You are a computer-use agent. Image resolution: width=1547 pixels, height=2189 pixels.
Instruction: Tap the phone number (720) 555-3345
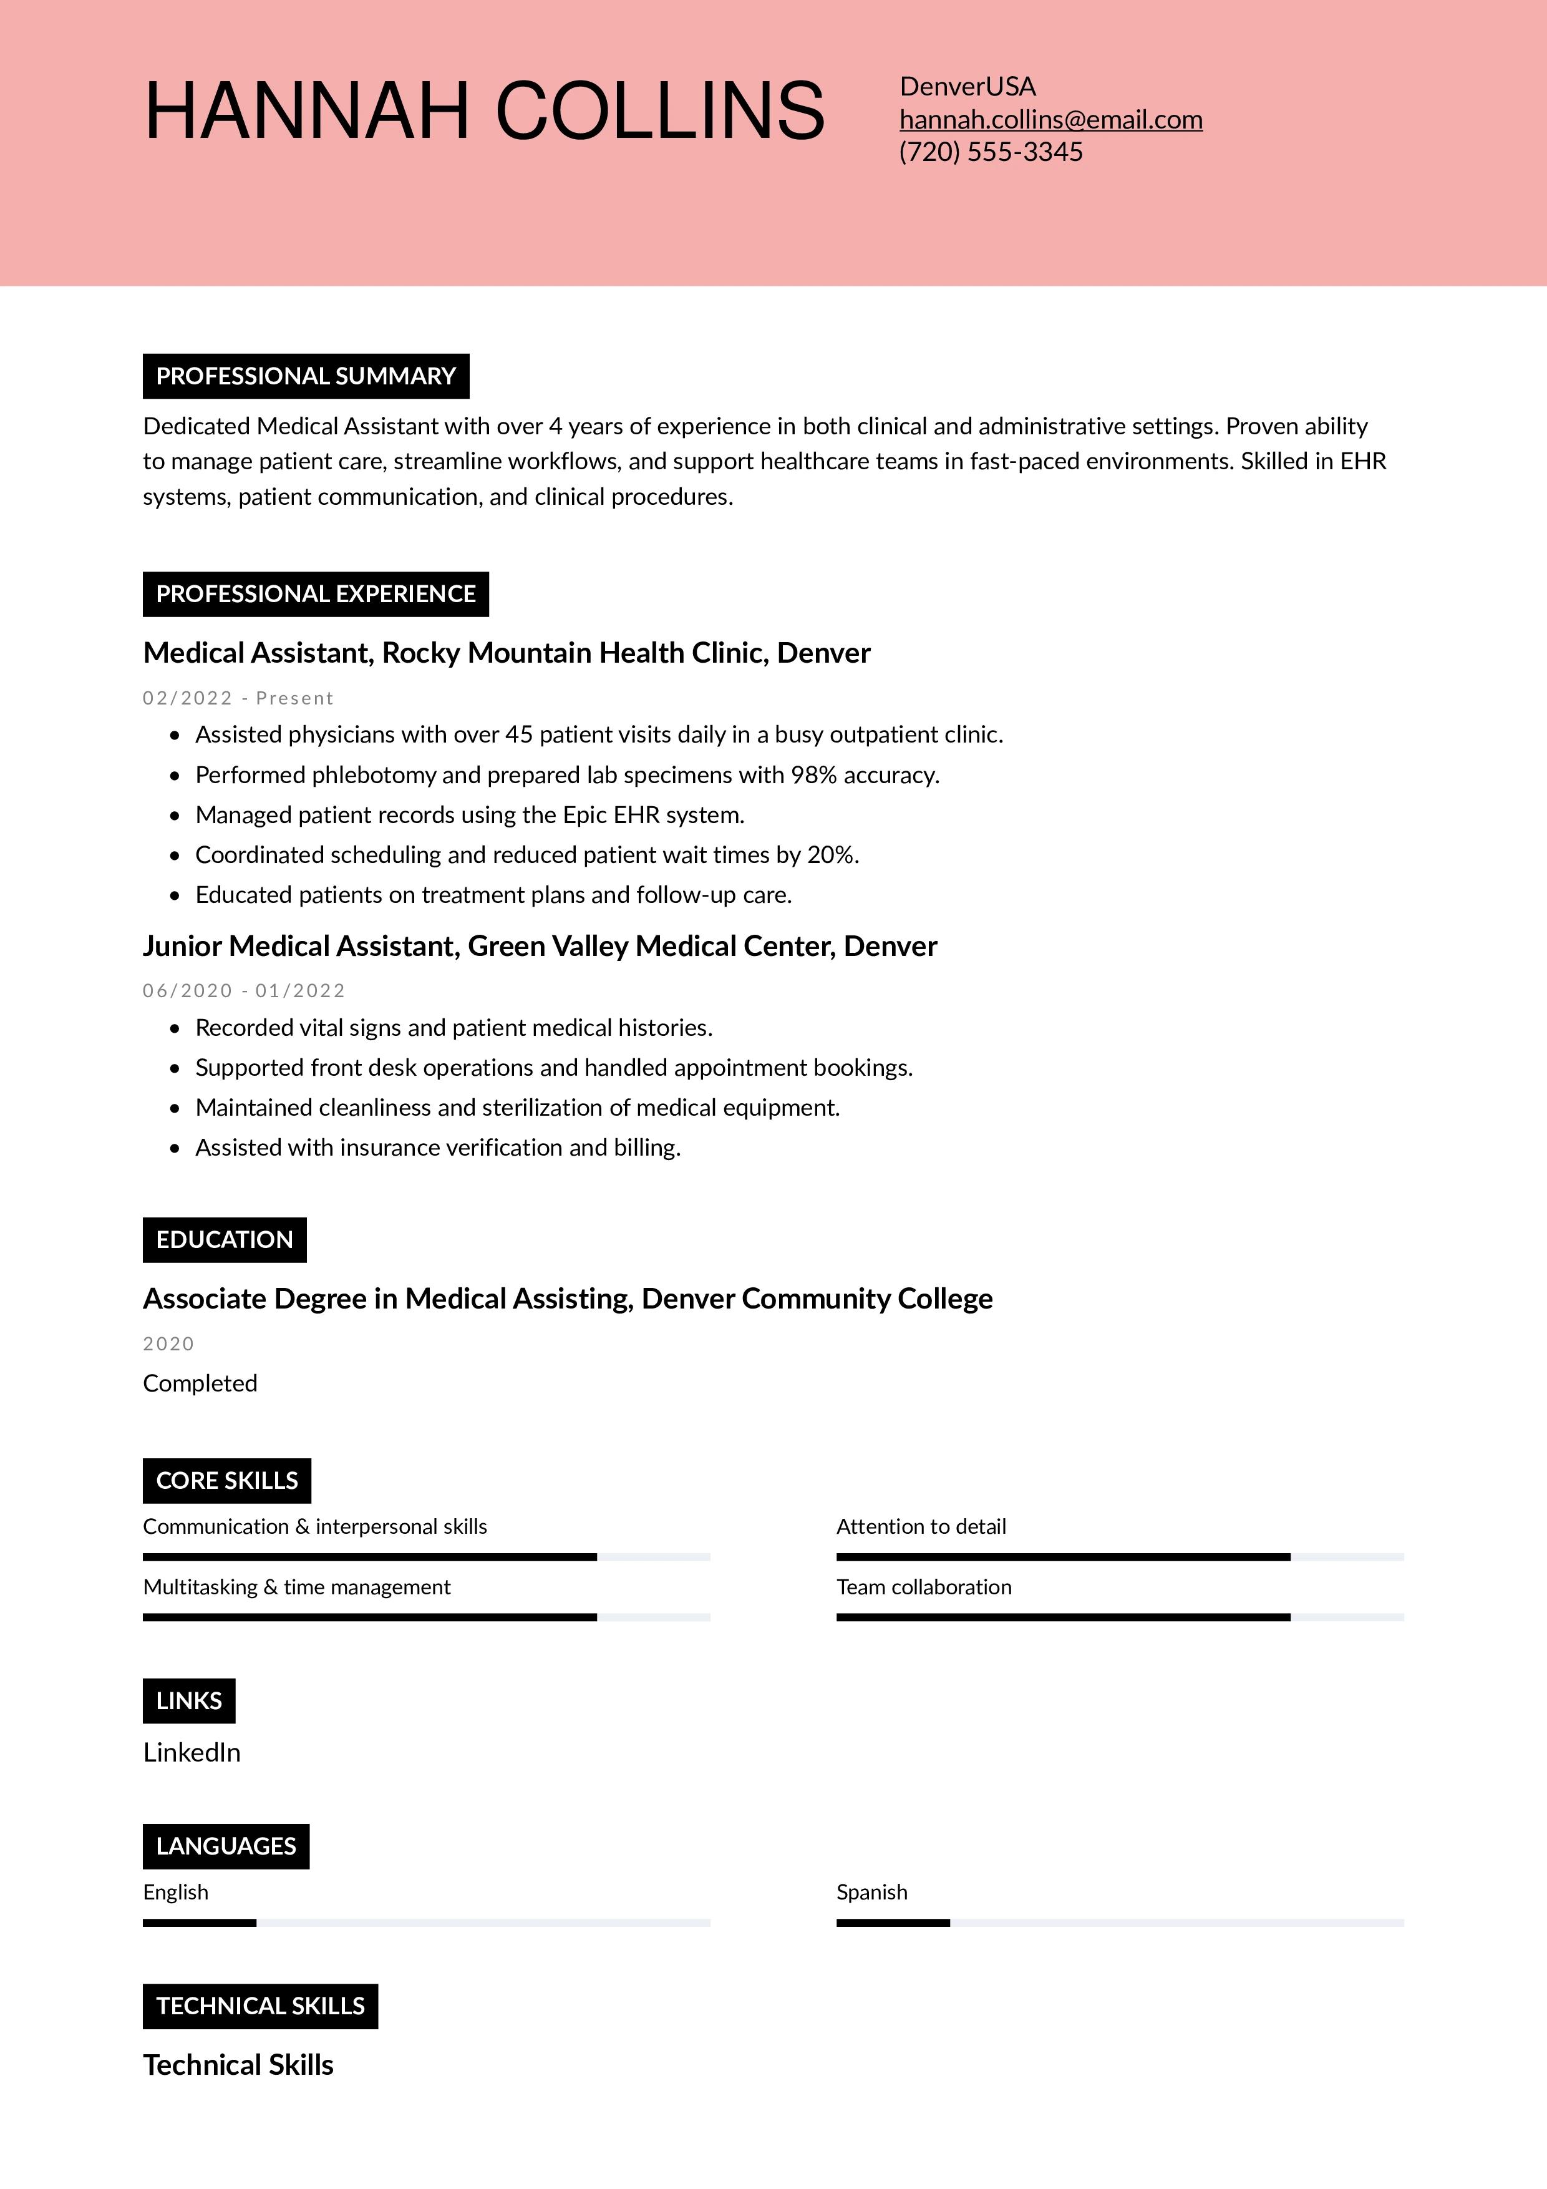pyautogui.click(x=991, y=152)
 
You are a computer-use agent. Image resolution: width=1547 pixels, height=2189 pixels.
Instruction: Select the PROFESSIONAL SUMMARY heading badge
pyautogui.click(x=305, y=376)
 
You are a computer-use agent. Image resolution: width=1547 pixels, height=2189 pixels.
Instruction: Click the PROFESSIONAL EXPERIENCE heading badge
pyautogui.click(x=316, y=594)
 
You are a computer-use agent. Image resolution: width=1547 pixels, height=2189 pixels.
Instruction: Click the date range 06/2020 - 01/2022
pyautogui.click(x=244, y=990)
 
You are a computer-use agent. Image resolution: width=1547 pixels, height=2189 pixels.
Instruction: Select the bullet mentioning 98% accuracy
pyautogui.click(x=566, y=775)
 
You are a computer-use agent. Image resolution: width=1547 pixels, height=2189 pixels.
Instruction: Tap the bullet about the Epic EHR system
pyautogui.click(x=469, y=815)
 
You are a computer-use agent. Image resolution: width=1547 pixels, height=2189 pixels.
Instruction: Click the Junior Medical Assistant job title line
pyautogui.click(x=540, y=946)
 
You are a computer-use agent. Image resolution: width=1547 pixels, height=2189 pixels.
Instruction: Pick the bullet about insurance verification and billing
pyautogui.click(x=437, y=1148)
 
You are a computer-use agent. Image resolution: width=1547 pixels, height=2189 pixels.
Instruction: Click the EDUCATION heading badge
pyautogui.click(x=224, y=1239)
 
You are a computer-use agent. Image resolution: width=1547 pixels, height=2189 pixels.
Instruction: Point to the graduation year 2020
pyautogui.click(x=168, y=1343)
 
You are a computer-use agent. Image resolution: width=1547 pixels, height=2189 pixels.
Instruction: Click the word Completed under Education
pyautogui.click(x=200, y=1383)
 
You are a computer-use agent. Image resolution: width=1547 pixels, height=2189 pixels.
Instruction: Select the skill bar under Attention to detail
pyautogui.click(x=1119, y=1557)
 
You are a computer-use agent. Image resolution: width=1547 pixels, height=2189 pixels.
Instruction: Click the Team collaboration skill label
pyautogui.click(x=924, y=1587)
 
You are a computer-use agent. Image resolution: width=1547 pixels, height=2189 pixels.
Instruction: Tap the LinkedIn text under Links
pyautogui.click(x=192, y=1752)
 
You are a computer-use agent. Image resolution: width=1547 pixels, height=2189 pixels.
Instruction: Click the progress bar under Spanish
pyautogui.click(x=1119, y=1923)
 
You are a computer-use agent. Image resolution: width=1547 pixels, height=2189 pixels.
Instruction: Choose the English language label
pyautogui.click(x=175, y=1893)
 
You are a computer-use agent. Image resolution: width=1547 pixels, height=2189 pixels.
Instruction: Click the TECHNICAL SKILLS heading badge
pyautogui.click(x=260, y=2006)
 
